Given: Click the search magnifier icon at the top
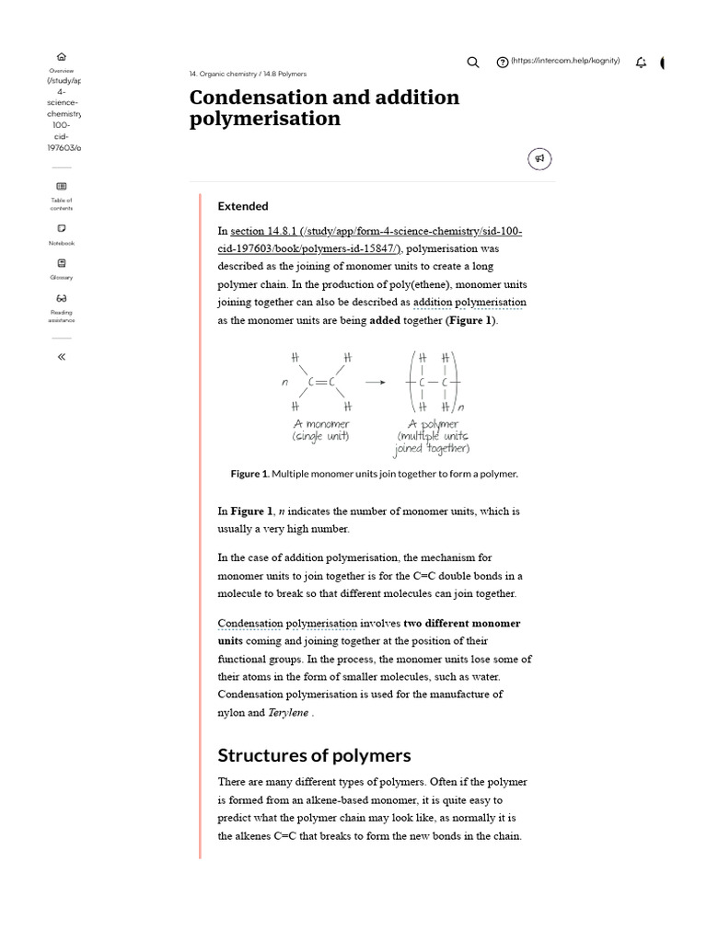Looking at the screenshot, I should click(473, 62).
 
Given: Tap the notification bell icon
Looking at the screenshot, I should click(641, 62).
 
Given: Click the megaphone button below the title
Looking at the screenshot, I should click(539, 159).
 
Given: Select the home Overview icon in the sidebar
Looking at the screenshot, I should click(62, 57).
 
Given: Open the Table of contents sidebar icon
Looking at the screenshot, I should click(62, 186).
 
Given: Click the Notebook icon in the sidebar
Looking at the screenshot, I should click(62, 228).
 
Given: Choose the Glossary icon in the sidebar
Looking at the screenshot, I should click(62, 263).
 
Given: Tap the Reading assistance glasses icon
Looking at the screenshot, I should click(62, 298).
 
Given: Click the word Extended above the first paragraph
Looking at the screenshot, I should click(243, 206).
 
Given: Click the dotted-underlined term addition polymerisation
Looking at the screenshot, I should click(469, 302).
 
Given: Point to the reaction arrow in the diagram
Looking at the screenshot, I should click(375, 382).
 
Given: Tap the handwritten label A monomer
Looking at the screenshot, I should click(321, 423).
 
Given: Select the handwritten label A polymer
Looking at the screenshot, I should click(434, 423).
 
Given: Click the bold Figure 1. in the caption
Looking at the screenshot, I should click(249, 474).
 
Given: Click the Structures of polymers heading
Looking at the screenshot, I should click(314, 755).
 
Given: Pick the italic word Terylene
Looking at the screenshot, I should click(289, 712).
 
